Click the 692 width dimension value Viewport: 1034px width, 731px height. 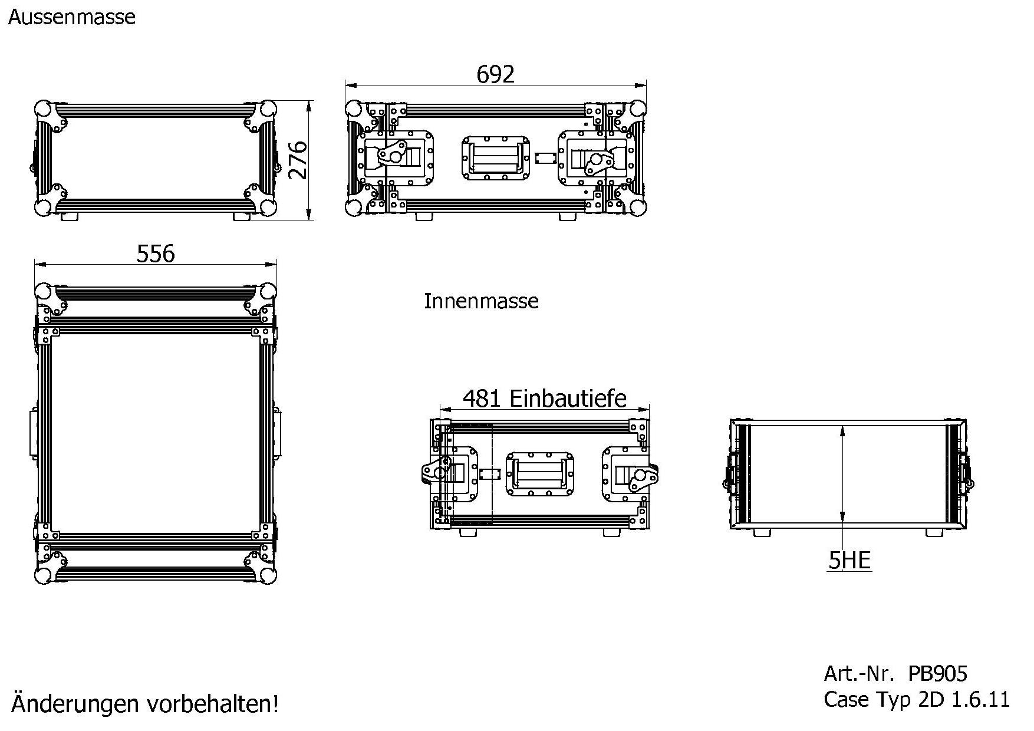pos(495,74)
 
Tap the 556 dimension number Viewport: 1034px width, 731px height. pos(156,253)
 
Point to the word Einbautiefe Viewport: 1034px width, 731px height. pos(568,399)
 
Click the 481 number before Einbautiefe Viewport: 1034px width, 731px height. pos(482,399)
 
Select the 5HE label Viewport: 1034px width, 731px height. pos(849,561)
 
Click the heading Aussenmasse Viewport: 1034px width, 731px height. pos(72,17)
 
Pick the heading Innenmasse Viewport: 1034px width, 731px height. pos(481,301)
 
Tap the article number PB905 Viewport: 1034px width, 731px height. pos(938,673)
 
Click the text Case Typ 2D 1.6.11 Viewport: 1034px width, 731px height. pos(917,700)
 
